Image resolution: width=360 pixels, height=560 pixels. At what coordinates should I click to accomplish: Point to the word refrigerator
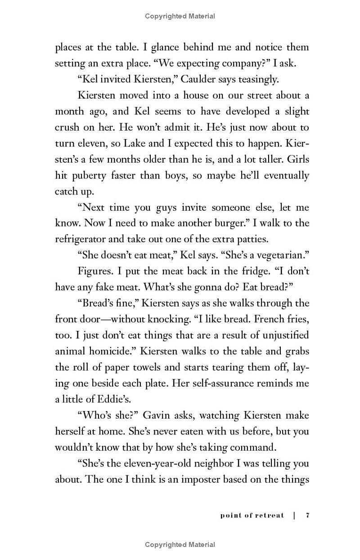(84, 239)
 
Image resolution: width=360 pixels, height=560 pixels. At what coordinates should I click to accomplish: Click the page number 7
(307, 515)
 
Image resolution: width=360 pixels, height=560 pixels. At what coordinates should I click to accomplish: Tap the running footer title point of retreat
(252, 515)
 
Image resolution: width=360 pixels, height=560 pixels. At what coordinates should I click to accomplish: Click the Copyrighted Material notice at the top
(180, 16)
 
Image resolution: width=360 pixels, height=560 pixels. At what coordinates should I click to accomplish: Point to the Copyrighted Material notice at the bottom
(180, 545)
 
